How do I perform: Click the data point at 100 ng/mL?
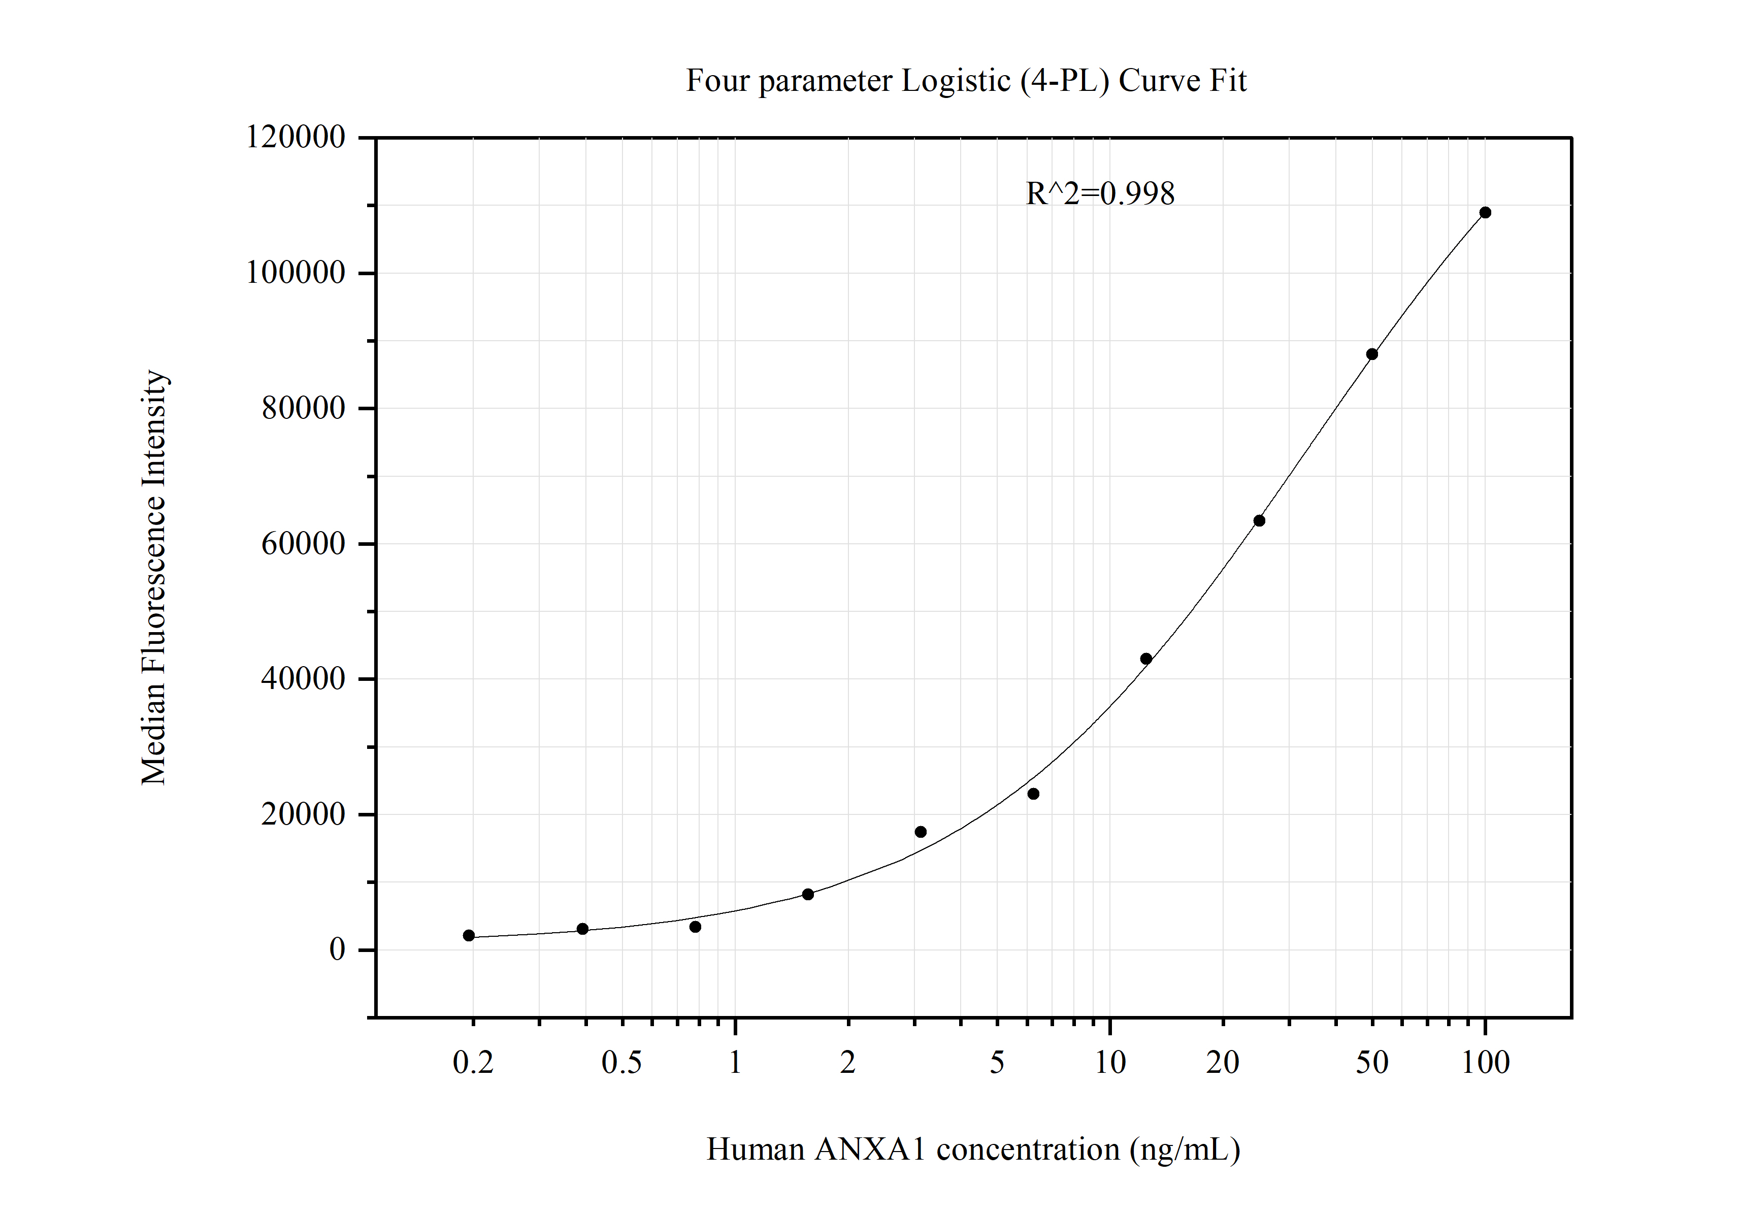tap(1485, 213)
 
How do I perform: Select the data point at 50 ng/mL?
tap(1371, 354)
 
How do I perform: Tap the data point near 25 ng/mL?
tap(1259, 521)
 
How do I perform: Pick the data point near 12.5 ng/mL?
tap(1146, 659)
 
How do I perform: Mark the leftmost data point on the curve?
tap(469, 935)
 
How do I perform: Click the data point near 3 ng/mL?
tap(921, 832)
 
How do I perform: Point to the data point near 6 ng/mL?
tap(1033, 794)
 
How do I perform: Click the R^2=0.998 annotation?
tap(1100, 194)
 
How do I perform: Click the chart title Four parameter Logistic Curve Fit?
tap(966, 81)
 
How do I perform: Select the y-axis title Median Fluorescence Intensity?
tap(154, 577)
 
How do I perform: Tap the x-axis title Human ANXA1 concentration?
tap(973, 1150)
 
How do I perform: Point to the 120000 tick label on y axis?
tap(295, 138)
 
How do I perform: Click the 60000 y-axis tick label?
tap(303, 543)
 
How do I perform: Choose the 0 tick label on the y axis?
tap(337, 950)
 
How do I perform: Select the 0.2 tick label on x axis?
tap(473, 1063)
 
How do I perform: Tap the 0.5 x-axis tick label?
tap(621, 1063)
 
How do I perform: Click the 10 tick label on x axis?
tap(1110, 1063)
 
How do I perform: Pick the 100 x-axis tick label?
tap(1485, 1063)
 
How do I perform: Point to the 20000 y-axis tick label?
tap(303, 814)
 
